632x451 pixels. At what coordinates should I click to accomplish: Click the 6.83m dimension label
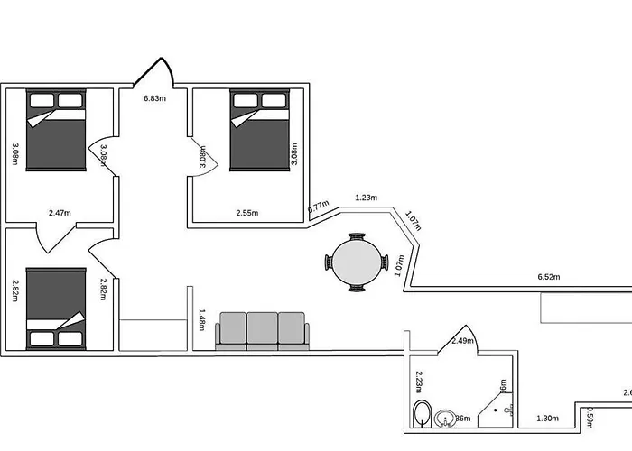point(154,97)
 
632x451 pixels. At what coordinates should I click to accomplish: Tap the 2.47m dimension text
point(60,213)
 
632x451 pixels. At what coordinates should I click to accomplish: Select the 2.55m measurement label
point(246,213)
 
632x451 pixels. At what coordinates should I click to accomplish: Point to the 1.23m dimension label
point(367,197)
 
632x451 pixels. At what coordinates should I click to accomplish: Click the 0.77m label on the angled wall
point(318,207)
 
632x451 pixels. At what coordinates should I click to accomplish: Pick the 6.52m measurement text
point(551,276)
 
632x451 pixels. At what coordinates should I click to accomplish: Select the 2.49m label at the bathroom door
point(462,341)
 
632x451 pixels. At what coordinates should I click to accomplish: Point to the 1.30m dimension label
point(546,419)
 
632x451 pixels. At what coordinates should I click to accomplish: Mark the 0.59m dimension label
point(590,419)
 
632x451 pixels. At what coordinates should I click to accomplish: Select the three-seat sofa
point(262,330)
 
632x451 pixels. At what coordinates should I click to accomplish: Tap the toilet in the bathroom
point(422,416)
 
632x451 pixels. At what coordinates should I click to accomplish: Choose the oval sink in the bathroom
point(444,419)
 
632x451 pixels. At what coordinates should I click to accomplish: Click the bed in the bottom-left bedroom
point(56,308)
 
